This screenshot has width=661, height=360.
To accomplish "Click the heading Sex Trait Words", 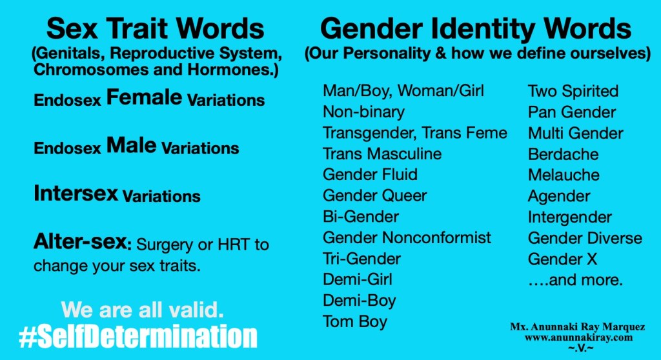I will point(156,29).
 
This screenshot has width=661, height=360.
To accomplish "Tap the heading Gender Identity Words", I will point(476,29).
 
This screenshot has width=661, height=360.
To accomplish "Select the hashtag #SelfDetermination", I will point(138,337).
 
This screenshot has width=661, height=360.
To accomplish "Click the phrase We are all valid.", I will point(143,310).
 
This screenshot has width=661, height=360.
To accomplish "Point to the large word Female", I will point(144,98).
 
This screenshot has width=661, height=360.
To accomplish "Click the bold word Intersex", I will point(76,193).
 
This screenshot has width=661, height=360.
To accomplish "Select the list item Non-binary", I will point(363,112).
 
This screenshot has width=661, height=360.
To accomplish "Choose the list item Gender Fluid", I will point(370,174).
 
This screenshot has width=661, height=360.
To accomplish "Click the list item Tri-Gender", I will point(361,259).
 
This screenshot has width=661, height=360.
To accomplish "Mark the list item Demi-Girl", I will point(358,279).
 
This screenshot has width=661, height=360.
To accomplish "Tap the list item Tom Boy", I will point(355,321).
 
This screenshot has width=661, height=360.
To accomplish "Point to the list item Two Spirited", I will point(573,91).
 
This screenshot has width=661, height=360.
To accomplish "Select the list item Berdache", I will point(563,154).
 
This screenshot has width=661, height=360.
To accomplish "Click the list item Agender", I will point(559,196).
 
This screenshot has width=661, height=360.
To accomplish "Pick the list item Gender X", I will point(562,259).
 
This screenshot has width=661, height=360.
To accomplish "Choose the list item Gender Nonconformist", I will point(407,237).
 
